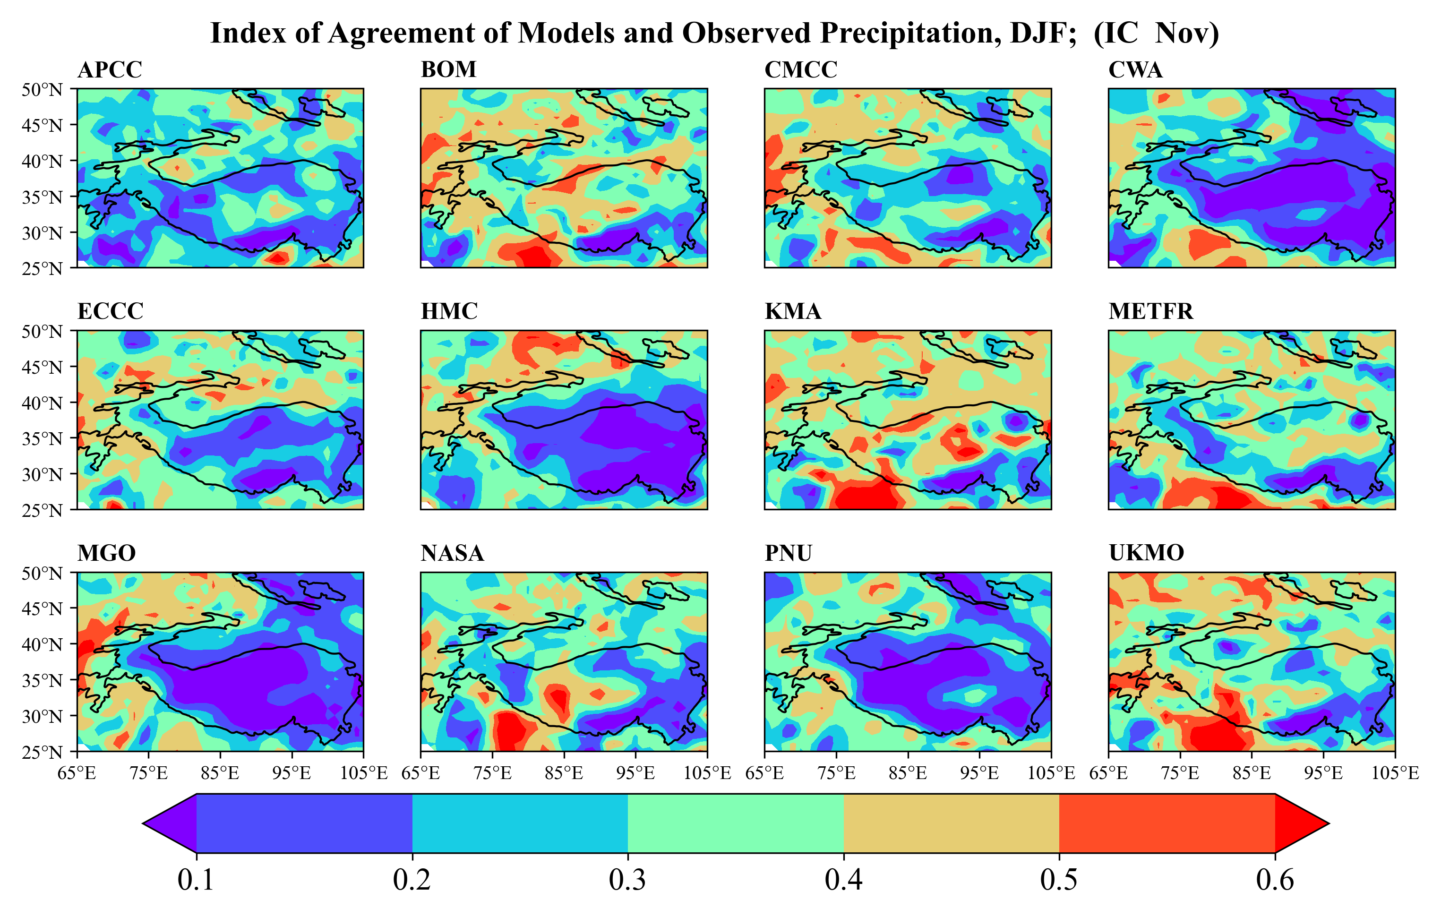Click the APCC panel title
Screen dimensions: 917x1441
[x=110, y=70]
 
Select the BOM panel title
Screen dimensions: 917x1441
[x=448, y=70]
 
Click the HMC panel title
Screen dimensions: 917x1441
[x=449, y=311]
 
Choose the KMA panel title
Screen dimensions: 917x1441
[x=792, y=311]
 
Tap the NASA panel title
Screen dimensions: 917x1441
[x=452, y=553]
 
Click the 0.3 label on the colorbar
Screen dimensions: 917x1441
[x=627, y=880]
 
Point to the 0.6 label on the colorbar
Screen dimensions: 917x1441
[x=1275, y=880]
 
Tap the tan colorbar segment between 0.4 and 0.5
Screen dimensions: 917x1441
[x=951, y=823]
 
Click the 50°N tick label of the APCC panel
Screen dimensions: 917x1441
[x=42, y=90]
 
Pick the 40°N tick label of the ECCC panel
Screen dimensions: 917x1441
[x=42, y=403]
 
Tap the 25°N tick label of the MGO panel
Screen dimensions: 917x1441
[x=42, y=752]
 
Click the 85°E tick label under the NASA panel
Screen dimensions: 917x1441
[x=563, y=773]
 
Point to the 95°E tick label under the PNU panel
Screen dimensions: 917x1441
[x=979, y=773]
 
